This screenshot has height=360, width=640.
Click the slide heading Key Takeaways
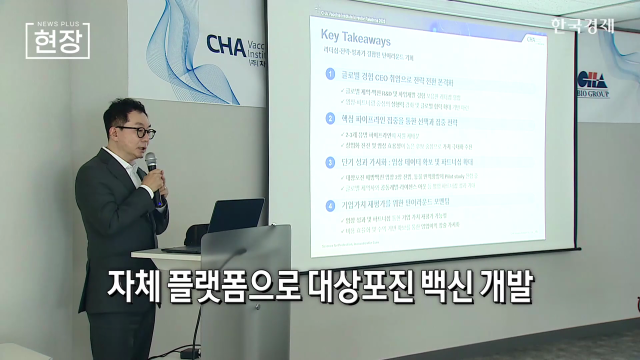pyautogui.click(x=355, y=38)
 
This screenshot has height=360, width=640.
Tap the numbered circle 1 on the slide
pyautogui.click(x=330, y=74)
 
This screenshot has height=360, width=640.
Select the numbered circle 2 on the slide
pyautogui.click(x=330, y=119)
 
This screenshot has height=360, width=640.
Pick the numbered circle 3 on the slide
pyautogui.click(x=330, y=162)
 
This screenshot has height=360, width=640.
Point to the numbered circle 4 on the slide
pyautogui.click(x=330, y=205)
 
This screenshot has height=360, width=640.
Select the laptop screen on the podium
pyautogui.click(x=236, y=215)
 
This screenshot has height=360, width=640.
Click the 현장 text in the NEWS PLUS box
pyautogui.click(x=57, y=43)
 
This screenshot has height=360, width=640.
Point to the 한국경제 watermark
pyautogui.click(x=582, y=25)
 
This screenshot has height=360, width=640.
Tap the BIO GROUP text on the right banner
pyautogui.click(x=593, y=94)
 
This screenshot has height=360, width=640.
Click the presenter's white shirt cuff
pyautogui.click(x=147, y=190)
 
